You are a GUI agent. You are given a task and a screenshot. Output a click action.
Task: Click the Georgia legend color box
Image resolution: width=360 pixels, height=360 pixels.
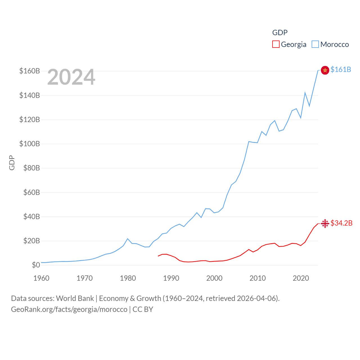(276, 44)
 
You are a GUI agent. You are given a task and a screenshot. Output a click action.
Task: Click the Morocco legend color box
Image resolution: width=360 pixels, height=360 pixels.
(315, 44)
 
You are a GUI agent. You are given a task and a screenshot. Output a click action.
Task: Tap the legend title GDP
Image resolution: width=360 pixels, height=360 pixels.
(280, 33)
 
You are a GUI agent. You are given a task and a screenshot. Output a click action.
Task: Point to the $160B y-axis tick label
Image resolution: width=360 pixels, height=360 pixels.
(30, 71)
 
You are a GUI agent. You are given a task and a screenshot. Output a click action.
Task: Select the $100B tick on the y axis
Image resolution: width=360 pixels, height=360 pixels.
(30, 144)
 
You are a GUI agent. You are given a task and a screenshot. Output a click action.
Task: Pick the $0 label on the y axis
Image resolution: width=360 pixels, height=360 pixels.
(36, 265)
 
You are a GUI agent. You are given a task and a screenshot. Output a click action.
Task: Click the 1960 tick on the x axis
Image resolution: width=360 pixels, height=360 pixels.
(41, 278)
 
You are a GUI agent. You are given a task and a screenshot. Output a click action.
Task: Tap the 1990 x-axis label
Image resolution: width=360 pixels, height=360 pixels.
(171, 278)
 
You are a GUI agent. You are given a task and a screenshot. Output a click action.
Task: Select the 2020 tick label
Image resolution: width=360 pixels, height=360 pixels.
(301, 278)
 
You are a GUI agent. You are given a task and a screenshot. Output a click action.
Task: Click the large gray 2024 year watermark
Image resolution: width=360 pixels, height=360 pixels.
(71, 77)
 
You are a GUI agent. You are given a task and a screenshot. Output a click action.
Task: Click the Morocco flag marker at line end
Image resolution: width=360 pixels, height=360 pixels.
(325, 70)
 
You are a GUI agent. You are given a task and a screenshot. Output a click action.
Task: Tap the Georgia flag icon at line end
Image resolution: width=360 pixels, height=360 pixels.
(325, 223)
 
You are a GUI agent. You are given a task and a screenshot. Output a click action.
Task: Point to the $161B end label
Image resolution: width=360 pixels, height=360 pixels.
(341, 69)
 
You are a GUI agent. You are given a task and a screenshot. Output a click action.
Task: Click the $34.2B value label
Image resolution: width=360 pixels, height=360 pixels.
(341, 223)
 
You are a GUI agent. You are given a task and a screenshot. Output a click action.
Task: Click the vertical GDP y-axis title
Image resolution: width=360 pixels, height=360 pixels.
(12, 163)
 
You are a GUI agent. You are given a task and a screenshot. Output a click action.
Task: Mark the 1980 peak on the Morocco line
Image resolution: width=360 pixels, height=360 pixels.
(128, 239)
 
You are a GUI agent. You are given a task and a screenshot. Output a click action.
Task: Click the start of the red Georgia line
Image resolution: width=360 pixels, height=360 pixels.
(158, 256)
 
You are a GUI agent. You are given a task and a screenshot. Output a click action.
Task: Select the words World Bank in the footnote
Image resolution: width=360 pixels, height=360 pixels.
(75, 298)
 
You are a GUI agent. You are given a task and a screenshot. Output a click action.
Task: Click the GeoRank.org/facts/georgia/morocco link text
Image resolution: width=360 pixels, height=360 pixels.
(69, 309)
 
